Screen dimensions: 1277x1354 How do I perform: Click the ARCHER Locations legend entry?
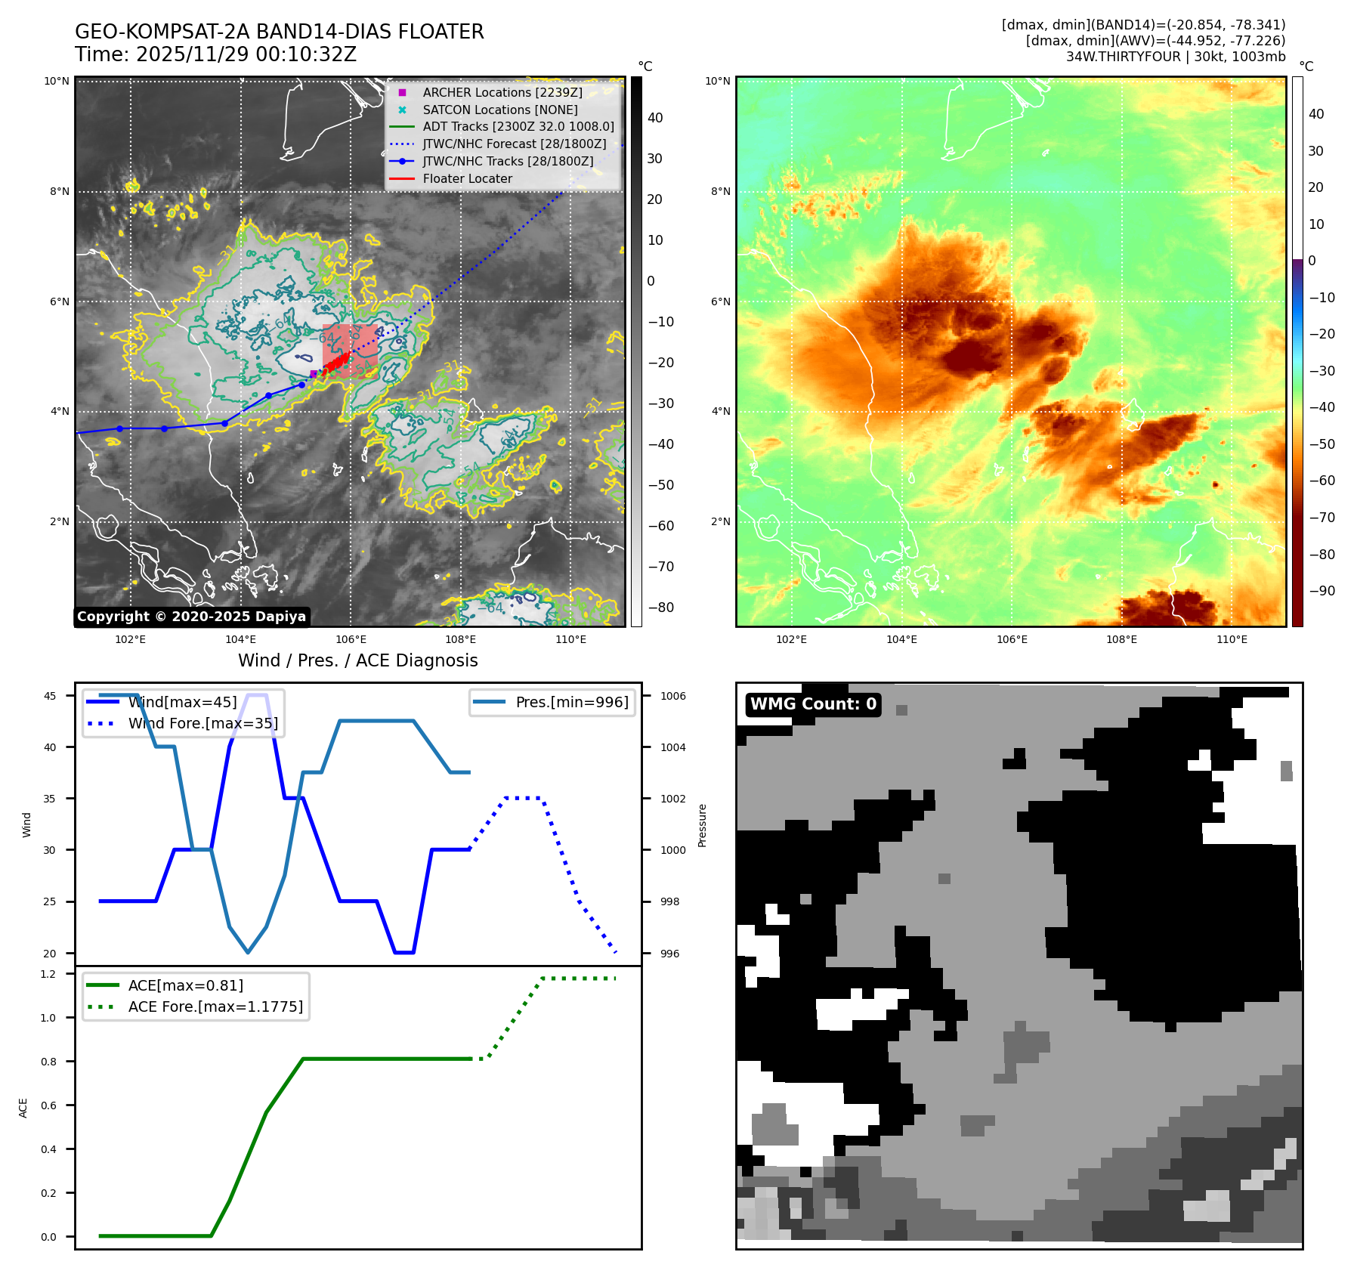coord(502,92)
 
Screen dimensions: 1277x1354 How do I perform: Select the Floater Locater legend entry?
coord(467,178)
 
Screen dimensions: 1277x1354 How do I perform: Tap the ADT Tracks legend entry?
coord(518,126)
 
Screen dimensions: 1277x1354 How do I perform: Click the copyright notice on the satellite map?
coord(191,617)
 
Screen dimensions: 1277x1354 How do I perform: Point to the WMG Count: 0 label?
coord(813,704)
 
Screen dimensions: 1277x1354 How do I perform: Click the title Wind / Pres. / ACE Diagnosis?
coord(357,660)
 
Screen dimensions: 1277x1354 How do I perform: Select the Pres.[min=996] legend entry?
coord(571,702)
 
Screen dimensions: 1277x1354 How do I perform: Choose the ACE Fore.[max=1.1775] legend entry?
coord(215,1006)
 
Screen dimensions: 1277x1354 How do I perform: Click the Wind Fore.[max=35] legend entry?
coord(202,723)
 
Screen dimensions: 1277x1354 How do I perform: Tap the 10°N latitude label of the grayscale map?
coord(57,82)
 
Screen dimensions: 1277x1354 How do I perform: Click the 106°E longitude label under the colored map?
coord(1012,639)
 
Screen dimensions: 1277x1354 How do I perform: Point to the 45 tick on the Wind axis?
coord(50,696)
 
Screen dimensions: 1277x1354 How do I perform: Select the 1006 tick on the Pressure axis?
coord(673,696)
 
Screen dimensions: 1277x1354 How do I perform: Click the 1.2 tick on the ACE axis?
coord(48,974)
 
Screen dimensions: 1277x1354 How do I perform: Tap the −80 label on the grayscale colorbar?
coord(661,608)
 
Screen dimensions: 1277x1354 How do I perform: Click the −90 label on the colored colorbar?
coord(1322,591)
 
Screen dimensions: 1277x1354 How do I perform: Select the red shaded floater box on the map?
coord(350,351)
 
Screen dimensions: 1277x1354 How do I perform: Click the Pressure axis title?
coord(702,825)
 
